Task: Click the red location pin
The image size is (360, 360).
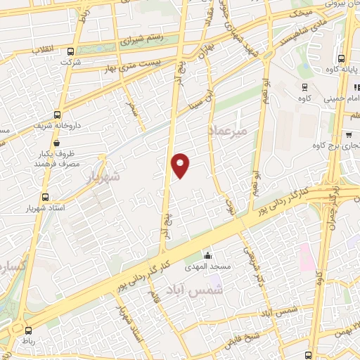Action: click(x=181, y=165)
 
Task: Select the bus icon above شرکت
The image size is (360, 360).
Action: click(x=70, y=51)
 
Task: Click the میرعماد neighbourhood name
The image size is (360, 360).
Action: click(x=226, y=131)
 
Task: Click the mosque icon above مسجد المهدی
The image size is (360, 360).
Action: click(x=207, y=255)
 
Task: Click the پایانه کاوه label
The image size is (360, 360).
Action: click(x=344, y=69)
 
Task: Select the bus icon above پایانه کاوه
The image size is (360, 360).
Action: click(x=341, y=59)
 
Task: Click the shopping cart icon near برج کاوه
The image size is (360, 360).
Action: click(x=349, y=134)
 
